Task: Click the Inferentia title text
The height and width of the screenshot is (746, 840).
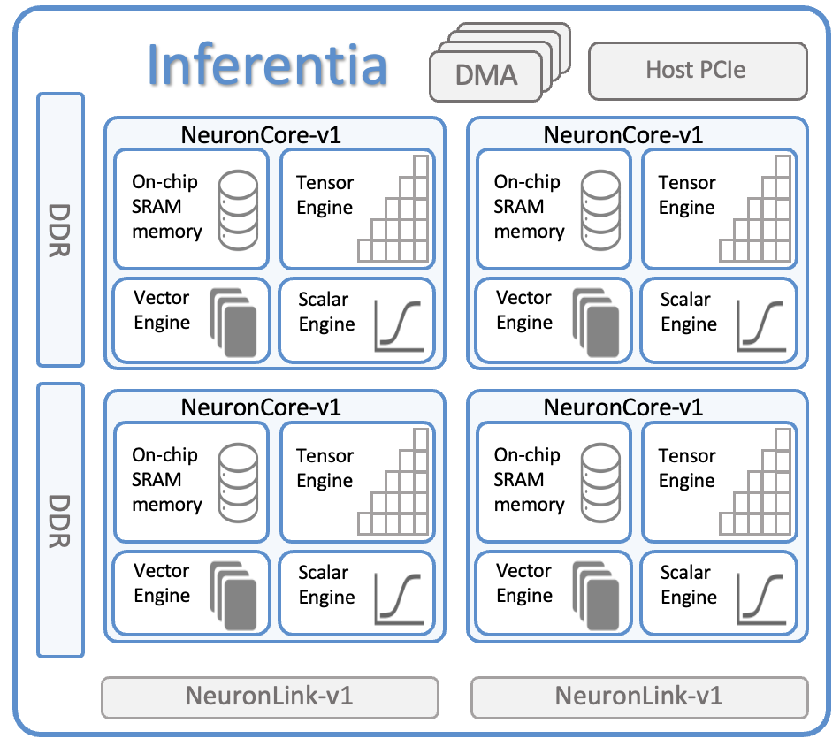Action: pos(267,64)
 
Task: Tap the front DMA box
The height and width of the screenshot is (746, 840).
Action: pos(485,75)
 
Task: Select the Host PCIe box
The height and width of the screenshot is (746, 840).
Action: pos(697,70)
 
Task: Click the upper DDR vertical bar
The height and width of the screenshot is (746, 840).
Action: pos(60,230)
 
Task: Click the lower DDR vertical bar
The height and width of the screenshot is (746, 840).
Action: pos(60,521)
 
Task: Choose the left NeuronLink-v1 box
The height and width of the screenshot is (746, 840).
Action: pos(270,697)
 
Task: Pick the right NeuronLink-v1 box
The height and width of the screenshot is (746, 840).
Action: pos(639,697)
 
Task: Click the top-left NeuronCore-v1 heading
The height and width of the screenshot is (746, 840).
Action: pos(261,135)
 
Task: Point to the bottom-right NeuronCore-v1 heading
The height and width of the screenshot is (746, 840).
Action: pos(623,407)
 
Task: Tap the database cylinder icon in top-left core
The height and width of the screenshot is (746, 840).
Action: pos(237,209)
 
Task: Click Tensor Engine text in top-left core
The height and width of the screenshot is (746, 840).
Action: pos(325,195)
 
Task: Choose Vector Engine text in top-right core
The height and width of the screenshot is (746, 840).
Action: pos(524,310)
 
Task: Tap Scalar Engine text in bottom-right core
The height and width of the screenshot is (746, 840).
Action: pos(688,585)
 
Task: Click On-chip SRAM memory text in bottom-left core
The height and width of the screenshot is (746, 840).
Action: pos(166,480)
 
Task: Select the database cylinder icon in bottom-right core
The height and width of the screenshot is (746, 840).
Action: pos(599,482)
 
